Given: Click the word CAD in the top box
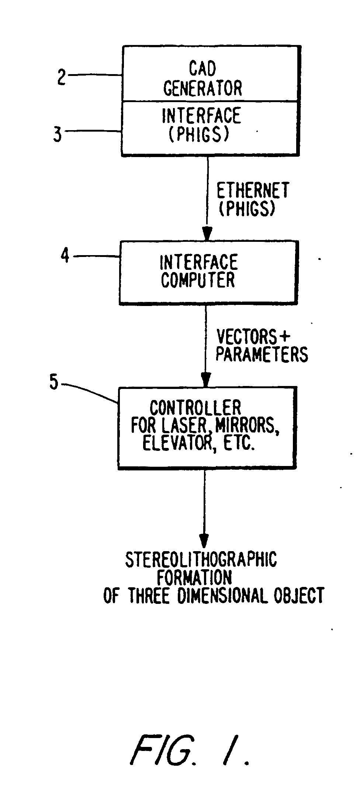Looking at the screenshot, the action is click(202, 68).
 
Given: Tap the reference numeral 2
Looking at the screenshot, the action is click(61, 77).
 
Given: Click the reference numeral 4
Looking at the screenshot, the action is click(65, 255).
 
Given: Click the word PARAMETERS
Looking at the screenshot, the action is click(262, 354).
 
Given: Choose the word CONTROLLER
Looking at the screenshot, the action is click(195, 408).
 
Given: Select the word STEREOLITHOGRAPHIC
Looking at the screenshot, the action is click(201, 559).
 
